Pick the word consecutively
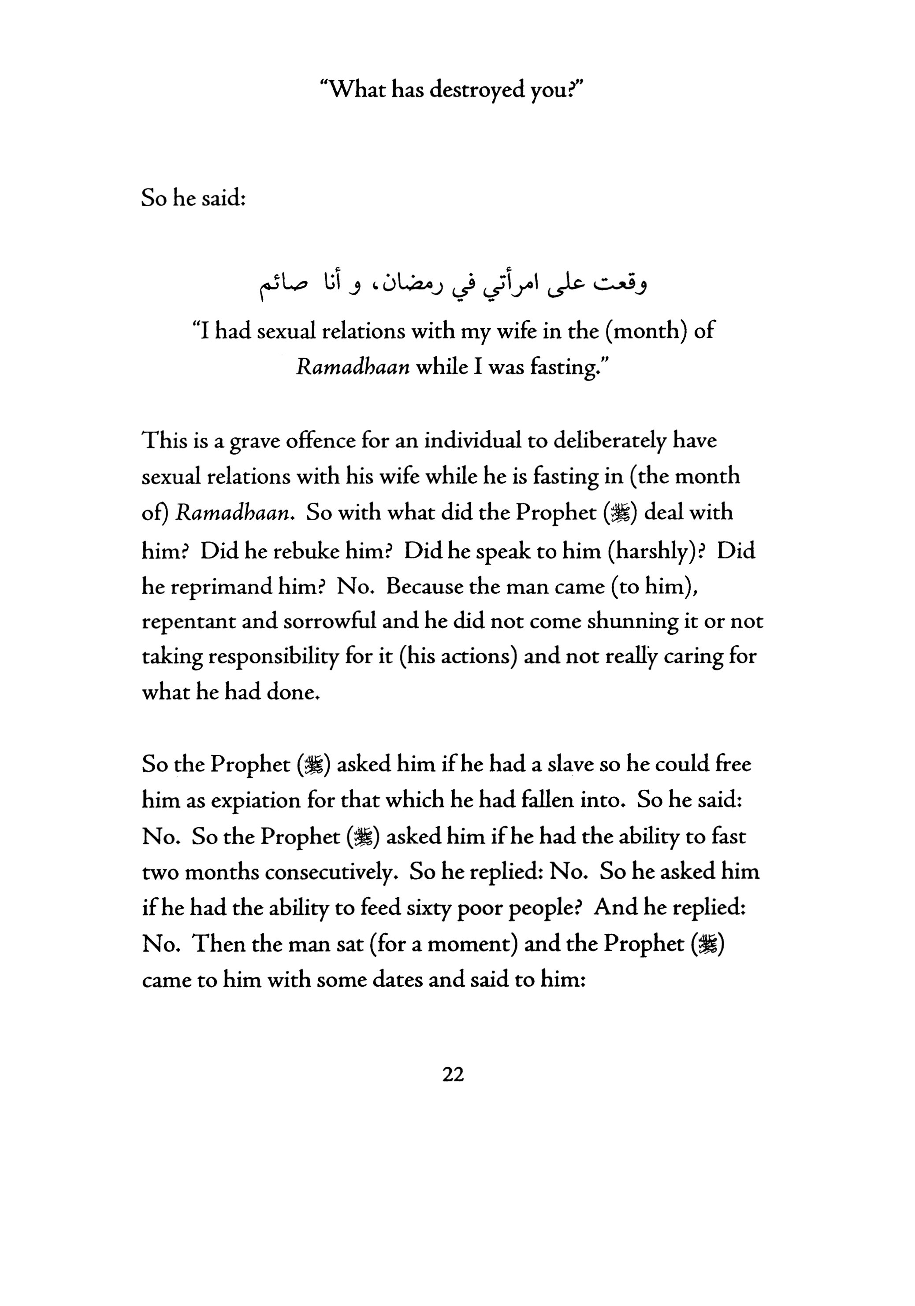pos(330,872)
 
